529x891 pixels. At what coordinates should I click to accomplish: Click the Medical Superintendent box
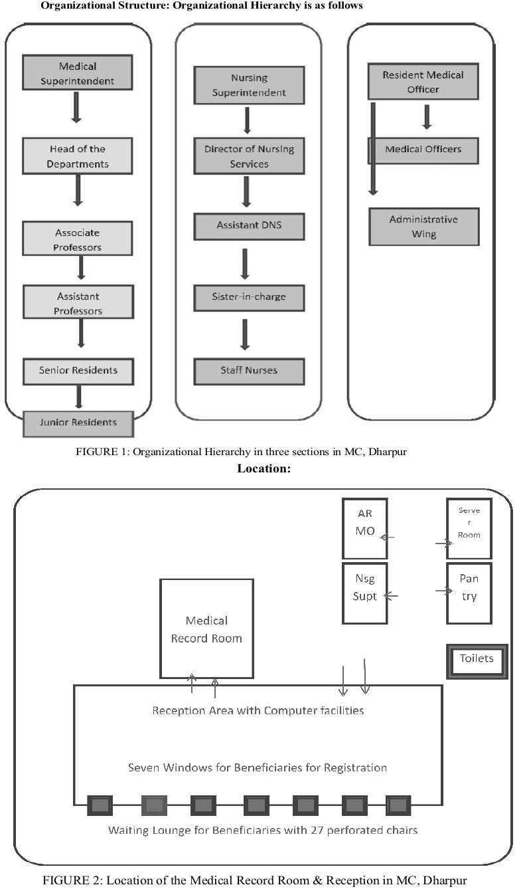click(78, 72)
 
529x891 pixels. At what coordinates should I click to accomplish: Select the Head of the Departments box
click(78, 156)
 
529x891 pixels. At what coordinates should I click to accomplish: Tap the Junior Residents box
click(78, 424)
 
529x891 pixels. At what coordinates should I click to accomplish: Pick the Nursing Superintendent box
click(249, 85)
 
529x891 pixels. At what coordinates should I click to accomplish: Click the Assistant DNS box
click(249, 227)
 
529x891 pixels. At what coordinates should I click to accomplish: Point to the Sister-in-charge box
click(249, 298)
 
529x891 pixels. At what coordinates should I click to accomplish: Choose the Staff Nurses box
click(249, 371)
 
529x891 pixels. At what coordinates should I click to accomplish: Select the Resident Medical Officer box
click(423, 81)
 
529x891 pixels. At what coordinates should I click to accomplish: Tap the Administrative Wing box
click(424, 227)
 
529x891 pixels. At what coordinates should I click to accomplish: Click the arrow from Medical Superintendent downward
click(76, 108)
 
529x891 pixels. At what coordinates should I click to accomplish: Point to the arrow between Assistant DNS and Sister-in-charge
click(245, 264)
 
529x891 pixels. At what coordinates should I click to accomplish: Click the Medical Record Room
click(206, 629)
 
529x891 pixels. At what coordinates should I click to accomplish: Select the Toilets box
click(477, 662)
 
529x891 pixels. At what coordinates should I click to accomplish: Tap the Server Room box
click(469, 528)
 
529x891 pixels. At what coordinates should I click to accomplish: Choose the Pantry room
click(469, 593)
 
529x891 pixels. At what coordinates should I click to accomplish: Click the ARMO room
click(365, 528)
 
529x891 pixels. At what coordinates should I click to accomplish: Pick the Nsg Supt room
click(365, 593)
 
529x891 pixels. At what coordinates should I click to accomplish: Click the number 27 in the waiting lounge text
click(317, 830)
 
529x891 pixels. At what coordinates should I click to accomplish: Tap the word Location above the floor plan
click(264, 468)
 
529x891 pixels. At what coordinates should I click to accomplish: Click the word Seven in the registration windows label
click(143, 767)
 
